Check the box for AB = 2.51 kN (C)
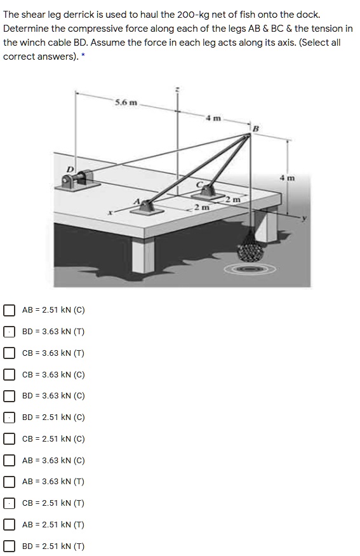[9, 310]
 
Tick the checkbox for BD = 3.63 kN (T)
[9, 332]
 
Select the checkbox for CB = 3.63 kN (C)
[9, 375]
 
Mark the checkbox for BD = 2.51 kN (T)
[9, 546]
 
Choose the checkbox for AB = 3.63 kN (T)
[9, 482]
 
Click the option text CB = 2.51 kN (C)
[53, 439]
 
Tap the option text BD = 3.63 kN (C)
[53, 396]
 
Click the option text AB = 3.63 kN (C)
[53, 461]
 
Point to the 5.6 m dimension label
[126, 102]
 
